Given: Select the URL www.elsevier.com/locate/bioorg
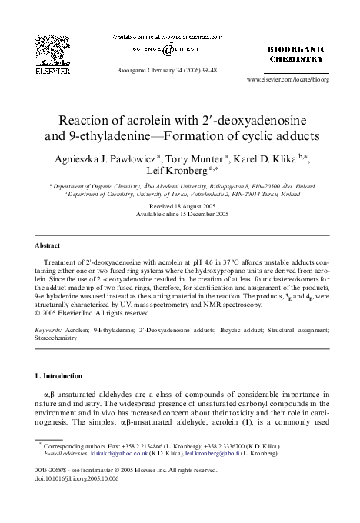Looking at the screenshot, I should (x=288, y=79).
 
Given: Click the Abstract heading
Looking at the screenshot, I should (x=48, y=245).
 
